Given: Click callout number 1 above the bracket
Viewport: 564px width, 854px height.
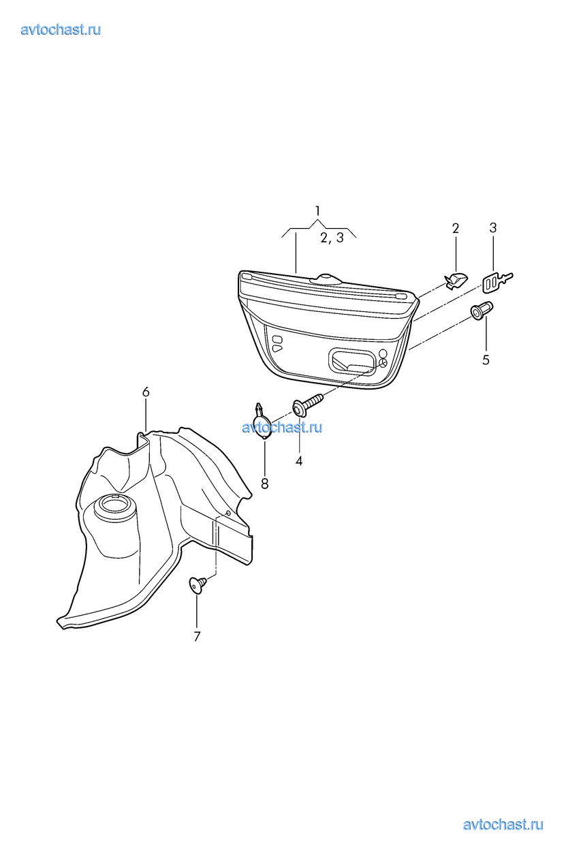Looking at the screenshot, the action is tap(317, 210).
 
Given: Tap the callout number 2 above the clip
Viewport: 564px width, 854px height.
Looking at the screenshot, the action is tap(455, 228).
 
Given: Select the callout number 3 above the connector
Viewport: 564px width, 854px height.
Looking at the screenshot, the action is tap(492, 228).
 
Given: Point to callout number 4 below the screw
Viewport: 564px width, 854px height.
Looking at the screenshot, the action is tap(299, 461).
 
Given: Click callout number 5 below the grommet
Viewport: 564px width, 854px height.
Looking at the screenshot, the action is tap(486, 360).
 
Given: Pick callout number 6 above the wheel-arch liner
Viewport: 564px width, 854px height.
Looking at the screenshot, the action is tap(146, 392).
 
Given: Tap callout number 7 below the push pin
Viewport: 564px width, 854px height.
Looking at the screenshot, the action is tap(197, 637).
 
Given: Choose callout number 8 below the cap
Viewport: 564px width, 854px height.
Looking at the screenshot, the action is tap(265, 484).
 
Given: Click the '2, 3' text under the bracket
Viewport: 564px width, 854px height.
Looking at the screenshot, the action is tap(332, 238).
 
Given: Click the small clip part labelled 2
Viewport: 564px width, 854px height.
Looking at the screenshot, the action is tap(456, 281).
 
